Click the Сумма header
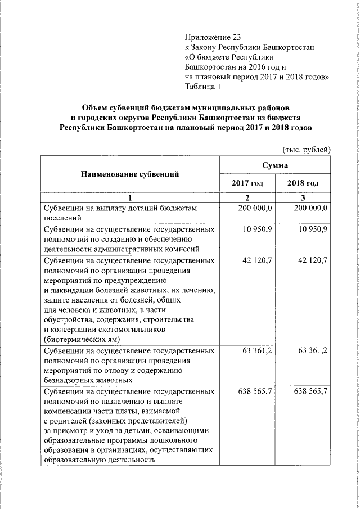[x=275, y=165]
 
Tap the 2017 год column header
[x=247, y=183]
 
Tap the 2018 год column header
[x=303, y=183]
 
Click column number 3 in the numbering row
[x=303, y=197]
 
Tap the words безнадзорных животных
[x=84, y=380]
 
